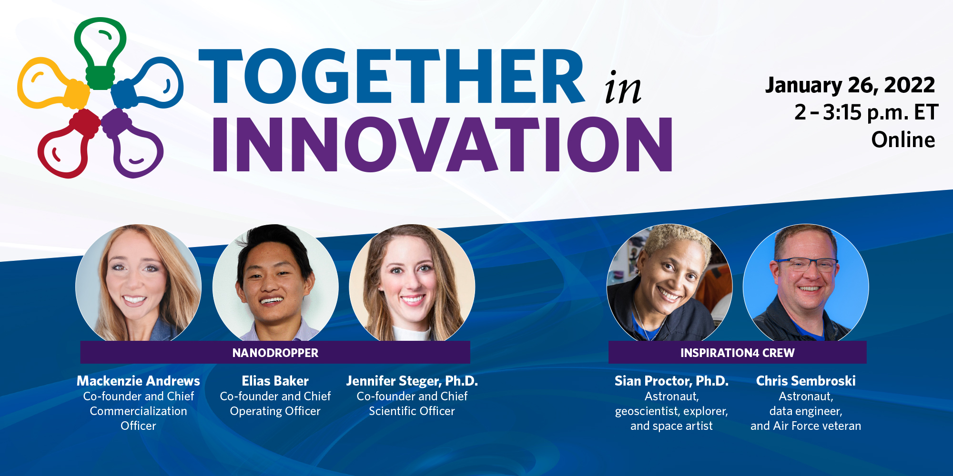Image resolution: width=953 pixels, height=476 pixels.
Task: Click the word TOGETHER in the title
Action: (x=391, y=76)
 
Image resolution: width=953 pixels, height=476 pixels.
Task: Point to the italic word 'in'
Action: (x=622, y=87)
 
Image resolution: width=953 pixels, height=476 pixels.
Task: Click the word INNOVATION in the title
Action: (x=442, y=144)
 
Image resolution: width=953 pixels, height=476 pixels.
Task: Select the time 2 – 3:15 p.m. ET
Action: (x=866, y=113)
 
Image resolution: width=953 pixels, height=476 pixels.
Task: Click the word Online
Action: (x=903, y=140)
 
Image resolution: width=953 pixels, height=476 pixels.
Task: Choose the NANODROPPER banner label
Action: (x=275, y=353)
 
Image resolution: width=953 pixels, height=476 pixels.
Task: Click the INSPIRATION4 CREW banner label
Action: (x=738, y=353)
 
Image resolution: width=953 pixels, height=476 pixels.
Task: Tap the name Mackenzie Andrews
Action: (x=138, y=381)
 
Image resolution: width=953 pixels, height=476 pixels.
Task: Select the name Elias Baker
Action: (x=275, y=381)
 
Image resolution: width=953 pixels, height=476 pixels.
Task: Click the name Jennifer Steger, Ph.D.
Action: (x=412, y=381)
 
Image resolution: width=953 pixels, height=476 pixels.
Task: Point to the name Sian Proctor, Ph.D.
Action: (x=671, y=381)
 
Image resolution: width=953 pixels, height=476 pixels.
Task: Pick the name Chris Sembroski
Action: (x=806, y=381)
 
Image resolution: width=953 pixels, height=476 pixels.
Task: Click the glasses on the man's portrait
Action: (x=807, y=264)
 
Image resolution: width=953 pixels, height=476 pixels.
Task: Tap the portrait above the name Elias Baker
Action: (x=275, y=283)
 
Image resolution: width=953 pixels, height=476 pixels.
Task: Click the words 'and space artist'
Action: (x=671, y=426)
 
